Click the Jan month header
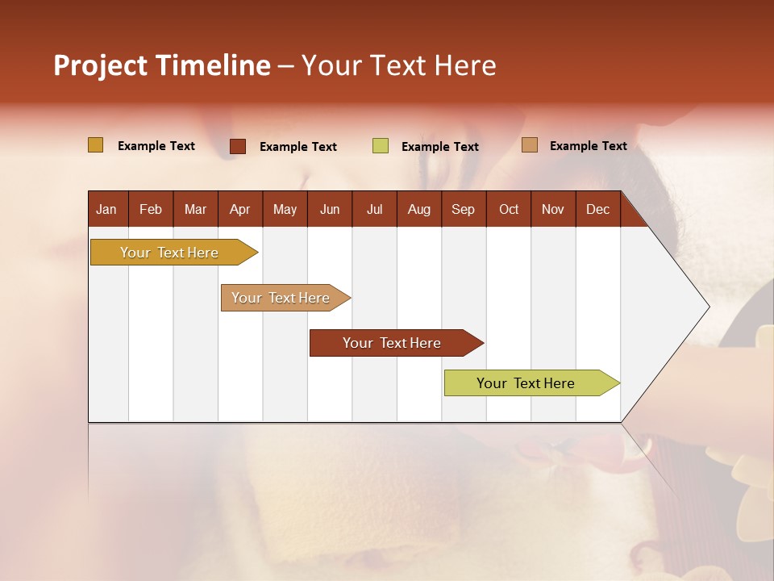pyautogui.click(x=106, y=210)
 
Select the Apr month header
pyautogui.click(x=239, y=210)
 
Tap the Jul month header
pyautogui.click(x=374, y=210)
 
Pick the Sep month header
pyautogui.click(x=463, y=210)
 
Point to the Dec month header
pyautogui.click(x=597, y=210)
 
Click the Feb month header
pyautogui.click(x=151, y=210)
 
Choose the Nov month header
pyautogui.click(x=553, y=210)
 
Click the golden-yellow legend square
pyautogui.click(x=96, y=145)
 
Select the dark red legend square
pyautogui.click(x=238, y=146)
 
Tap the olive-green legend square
pyautogui.click(x=381, y=146)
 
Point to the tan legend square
pyautogui.click(x=530, y=145)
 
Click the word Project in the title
pyautogui.click(x=100, y=65)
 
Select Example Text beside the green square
pyautogui.click(x=439, y=147)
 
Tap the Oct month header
pyautogui.click(x=509, y=210)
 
